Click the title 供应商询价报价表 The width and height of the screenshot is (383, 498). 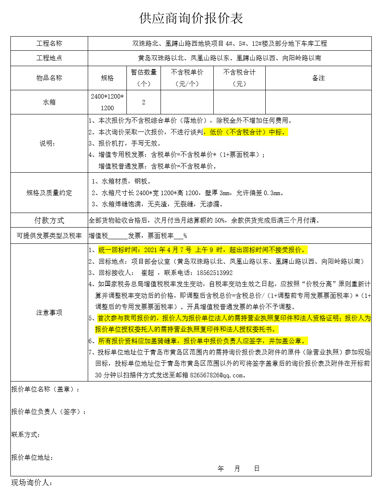(191, 18)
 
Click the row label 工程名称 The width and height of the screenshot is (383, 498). (49, 44)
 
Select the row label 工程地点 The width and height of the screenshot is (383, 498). (49, 58)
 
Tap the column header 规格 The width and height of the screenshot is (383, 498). (107, 78)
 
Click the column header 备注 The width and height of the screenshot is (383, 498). (318, 78)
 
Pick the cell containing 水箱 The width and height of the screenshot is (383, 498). (49, 102)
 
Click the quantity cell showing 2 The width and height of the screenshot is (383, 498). (143, 102)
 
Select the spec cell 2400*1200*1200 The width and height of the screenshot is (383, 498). (107, 102)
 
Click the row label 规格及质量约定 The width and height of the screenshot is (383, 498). (49, 193)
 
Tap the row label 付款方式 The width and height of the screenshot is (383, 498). (49, 221)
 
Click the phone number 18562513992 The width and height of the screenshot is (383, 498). (215, 273)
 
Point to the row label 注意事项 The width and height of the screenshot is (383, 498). (49, 313)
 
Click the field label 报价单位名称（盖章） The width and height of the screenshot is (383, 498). (45, 389)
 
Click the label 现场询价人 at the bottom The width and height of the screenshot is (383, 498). (32, 483)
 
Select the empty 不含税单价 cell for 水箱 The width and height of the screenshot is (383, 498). (187, 102)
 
